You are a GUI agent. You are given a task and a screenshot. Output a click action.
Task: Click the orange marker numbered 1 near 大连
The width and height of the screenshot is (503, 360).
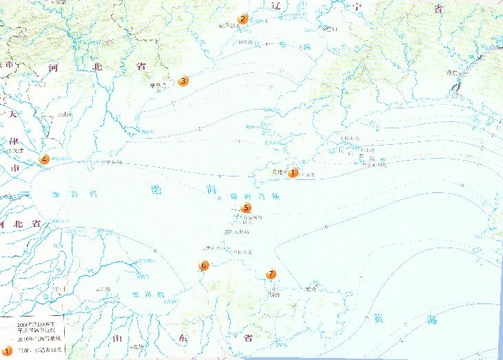(293, 172)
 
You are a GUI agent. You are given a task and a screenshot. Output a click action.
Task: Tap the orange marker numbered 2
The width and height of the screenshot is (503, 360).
(243, 19)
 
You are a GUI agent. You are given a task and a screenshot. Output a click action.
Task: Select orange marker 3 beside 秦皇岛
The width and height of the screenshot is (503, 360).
(183, 81)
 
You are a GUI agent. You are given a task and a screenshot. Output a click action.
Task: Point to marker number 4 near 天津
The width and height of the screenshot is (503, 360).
(45, 159)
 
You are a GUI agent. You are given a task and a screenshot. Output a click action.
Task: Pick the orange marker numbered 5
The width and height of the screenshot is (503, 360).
(247, 208)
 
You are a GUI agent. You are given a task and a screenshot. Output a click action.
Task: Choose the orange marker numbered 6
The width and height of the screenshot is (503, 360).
(203, 266)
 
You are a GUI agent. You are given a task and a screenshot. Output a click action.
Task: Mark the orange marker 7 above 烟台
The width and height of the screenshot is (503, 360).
(271, 274)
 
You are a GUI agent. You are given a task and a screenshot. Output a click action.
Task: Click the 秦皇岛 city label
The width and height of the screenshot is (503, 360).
(159, 86)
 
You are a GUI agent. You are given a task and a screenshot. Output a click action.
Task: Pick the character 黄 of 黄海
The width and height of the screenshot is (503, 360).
(378, 319)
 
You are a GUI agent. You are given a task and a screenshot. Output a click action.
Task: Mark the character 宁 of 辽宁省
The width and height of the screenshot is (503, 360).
(356, 8)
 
